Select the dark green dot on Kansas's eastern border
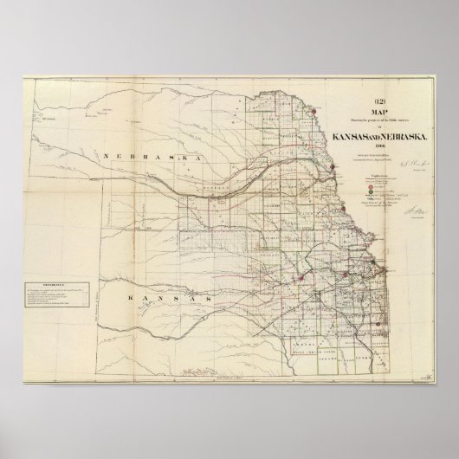[373, 260]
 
